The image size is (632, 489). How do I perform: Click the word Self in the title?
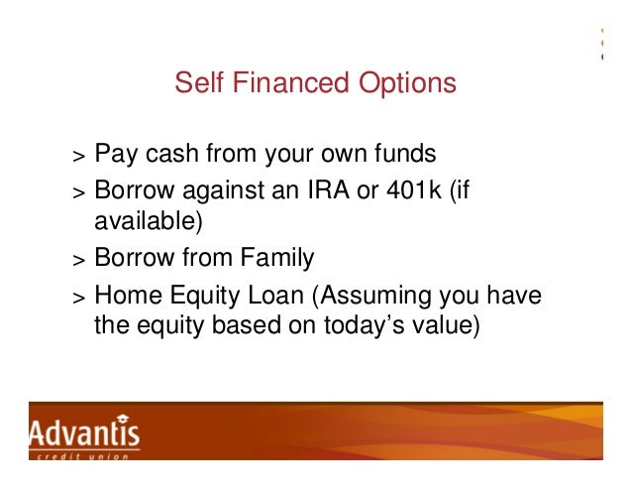(196, 84)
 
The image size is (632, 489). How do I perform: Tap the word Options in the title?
(407, 84)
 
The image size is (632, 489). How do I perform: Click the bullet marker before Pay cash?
(77, 158)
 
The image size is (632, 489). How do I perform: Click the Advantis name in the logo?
(84, 433)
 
